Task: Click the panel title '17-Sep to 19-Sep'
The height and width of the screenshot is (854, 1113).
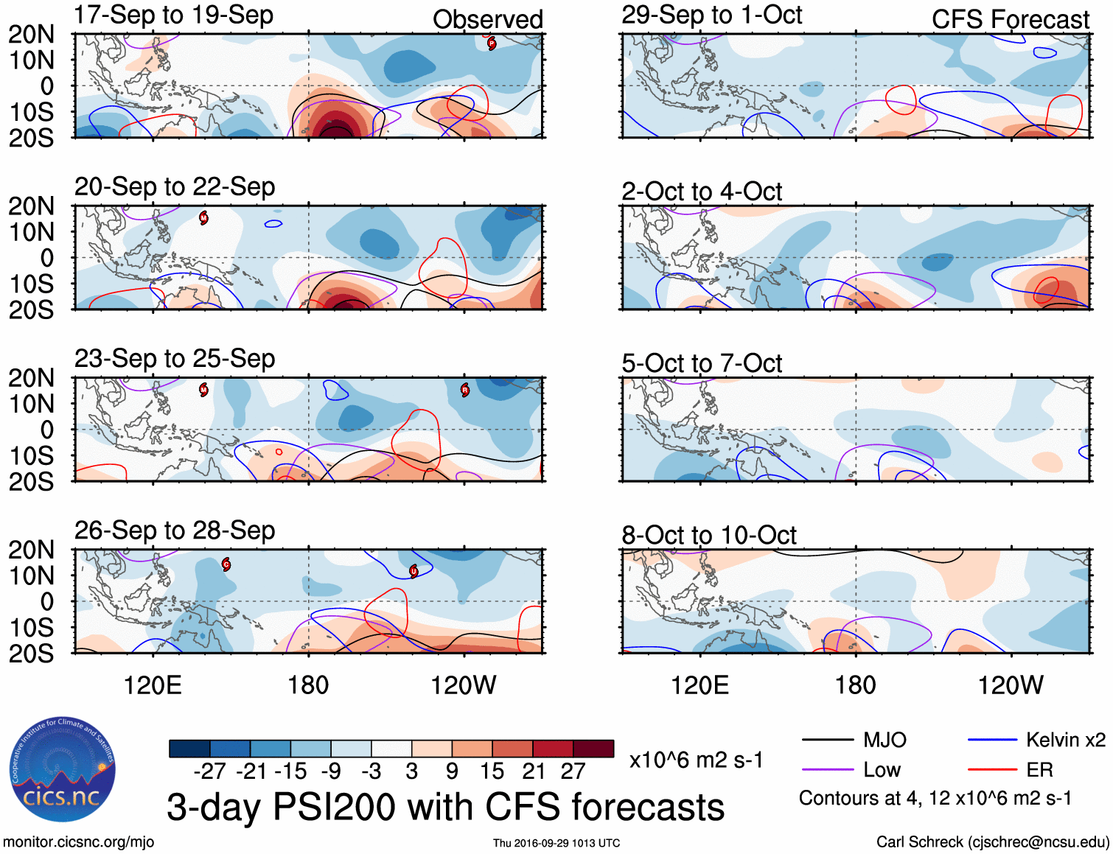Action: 174,15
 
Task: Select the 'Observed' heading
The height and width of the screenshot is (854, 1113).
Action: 487,20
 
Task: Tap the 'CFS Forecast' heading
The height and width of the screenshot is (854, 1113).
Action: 1010,20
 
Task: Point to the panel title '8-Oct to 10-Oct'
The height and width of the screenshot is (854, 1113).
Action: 709,535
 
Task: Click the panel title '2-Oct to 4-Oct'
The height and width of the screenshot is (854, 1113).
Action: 702,192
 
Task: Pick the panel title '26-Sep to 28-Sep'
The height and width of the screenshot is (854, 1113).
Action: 175,531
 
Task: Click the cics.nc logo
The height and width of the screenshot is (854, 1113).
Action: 63,770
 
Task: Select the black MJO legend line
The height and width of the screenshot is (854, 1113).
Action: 827,740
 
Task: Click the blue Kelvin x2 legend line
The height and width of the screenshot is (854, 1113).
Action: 992,740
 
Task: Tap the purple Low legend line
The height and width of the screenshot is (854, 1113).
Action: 827,770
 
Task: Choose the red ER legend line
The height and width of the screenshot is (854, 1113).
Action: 992,770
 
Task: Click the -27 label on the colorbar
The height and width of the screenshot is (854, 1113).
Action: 210,771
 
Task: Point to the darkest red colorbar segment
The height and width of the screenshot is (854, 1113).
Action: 593,749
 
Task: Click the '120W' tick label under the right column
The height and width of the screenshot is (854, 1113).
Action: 1011,685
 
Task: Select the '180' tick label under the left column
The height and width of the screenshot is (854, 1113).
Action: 308,685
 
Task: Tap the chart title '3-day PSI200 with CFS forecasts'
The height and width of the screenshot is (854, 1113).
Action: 445,807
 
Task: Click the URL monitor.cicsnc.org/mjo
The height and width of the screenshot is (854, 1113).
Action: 78,842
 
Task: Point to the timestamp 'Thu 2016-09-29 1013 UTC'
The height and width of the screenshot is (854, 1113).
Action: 556,843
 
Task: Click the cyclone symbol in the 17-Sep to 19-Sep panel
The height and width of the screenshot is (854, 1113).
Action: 492,43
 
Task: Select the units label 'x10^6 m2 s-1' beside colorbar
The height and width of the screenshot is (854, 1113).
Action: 696,760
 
